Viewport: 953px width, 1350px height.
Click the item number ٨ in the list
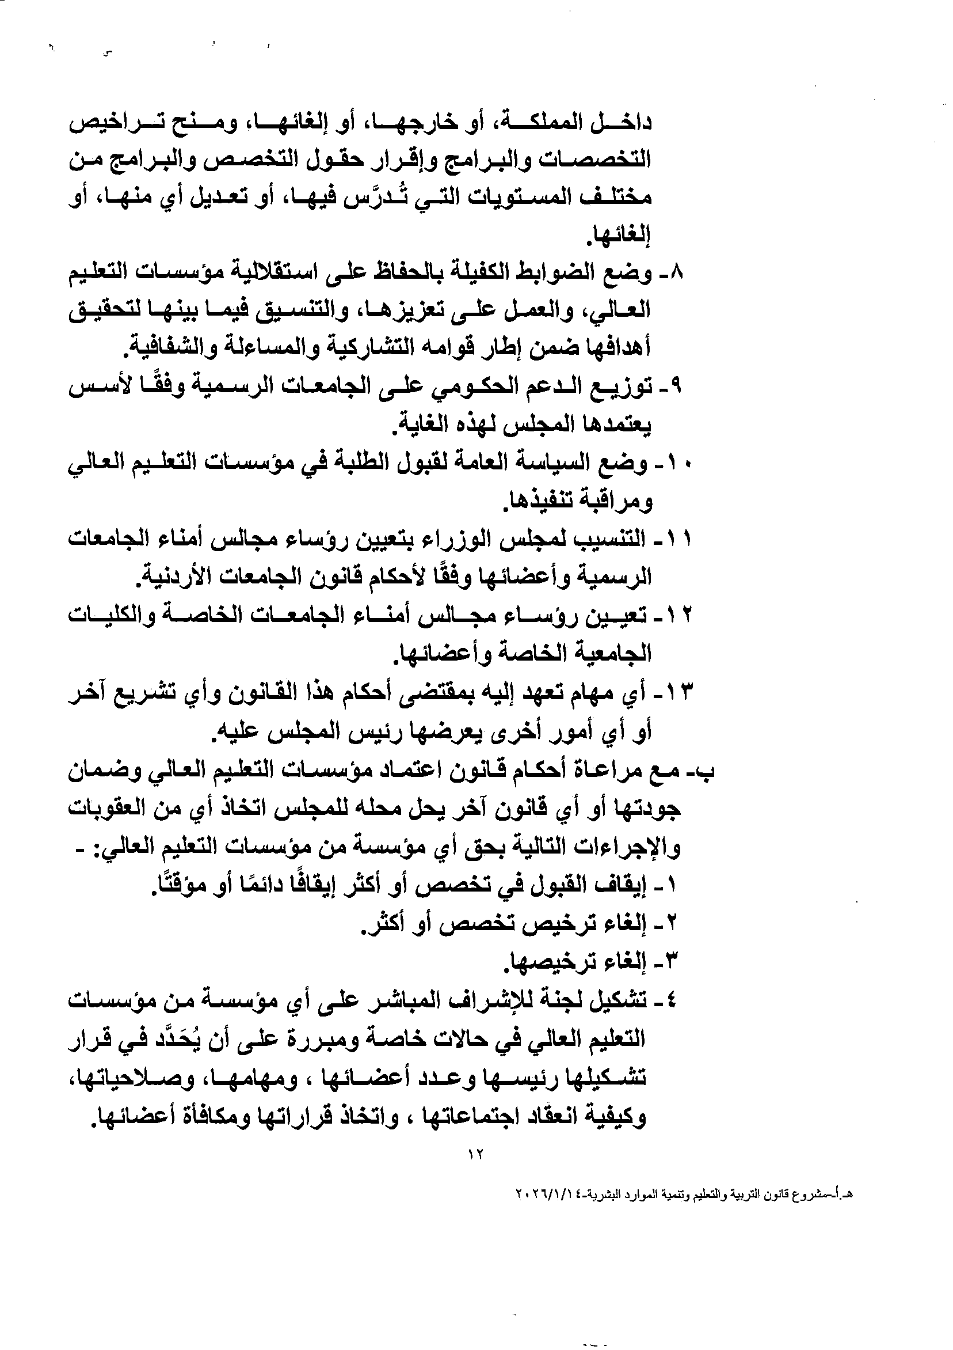coord(677,274)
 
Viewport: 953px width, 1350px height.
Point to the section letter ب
coord(708,771)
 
